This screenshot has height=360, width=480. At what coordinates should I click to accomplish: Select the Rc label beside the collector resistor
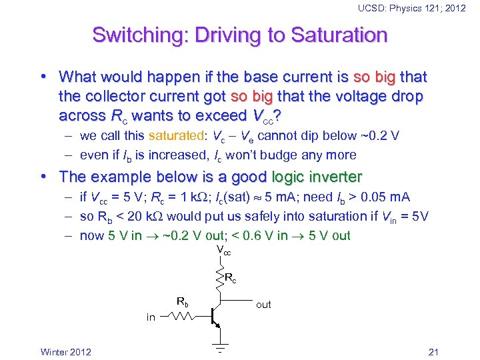pos(231,277)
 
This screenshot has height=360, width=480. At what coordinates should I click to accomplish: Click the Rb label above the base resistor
pos(182,301)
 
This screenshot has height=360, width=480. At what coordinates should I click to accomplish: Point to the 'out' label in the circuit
pos(264,305)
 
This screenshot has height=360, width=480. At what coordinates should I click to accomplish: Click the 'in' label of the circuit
pos(151,317)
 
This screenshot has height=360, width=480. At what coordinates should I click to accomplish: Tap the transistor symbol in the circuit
pos(215,317)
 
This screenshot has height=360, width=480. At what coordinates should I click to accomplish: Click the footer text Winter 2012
pos(66,352)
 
